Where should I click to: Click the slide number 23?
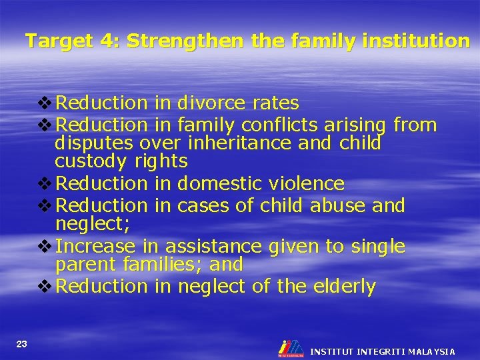coord(22,343)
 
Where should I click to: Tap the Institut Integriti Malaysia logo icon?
coord(291,348)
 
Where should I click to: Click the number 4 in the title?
coord(106,41)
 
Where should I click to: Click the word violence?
coord(308,183)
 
